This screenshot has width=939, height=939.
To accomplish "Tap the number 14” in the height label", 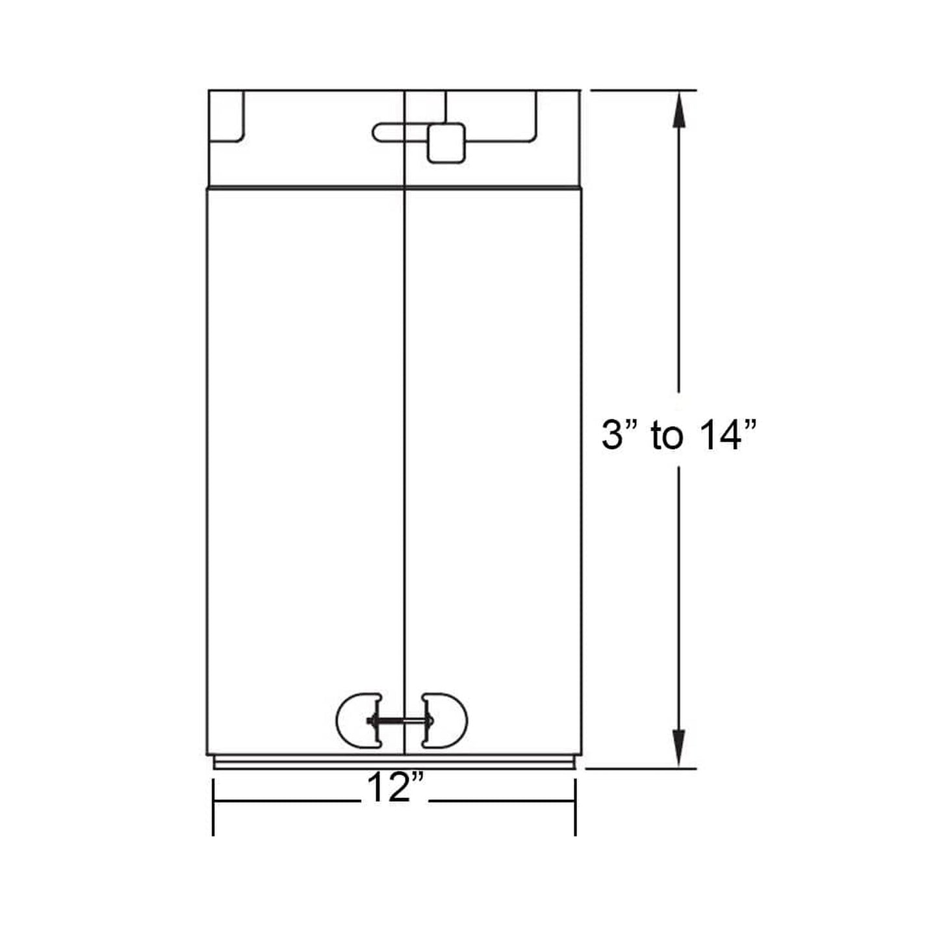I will pos(719,435).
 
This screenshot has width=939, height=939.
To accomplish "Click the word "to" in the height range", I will pos(667,436).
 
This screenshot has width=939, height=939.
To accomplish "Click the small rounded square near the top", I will pos(446,143).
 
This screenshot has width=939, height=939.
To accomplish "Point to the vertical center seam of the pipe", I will pos(405,422).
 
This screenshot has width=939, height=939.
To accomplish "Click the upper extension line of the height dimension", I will pos(643,90).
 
